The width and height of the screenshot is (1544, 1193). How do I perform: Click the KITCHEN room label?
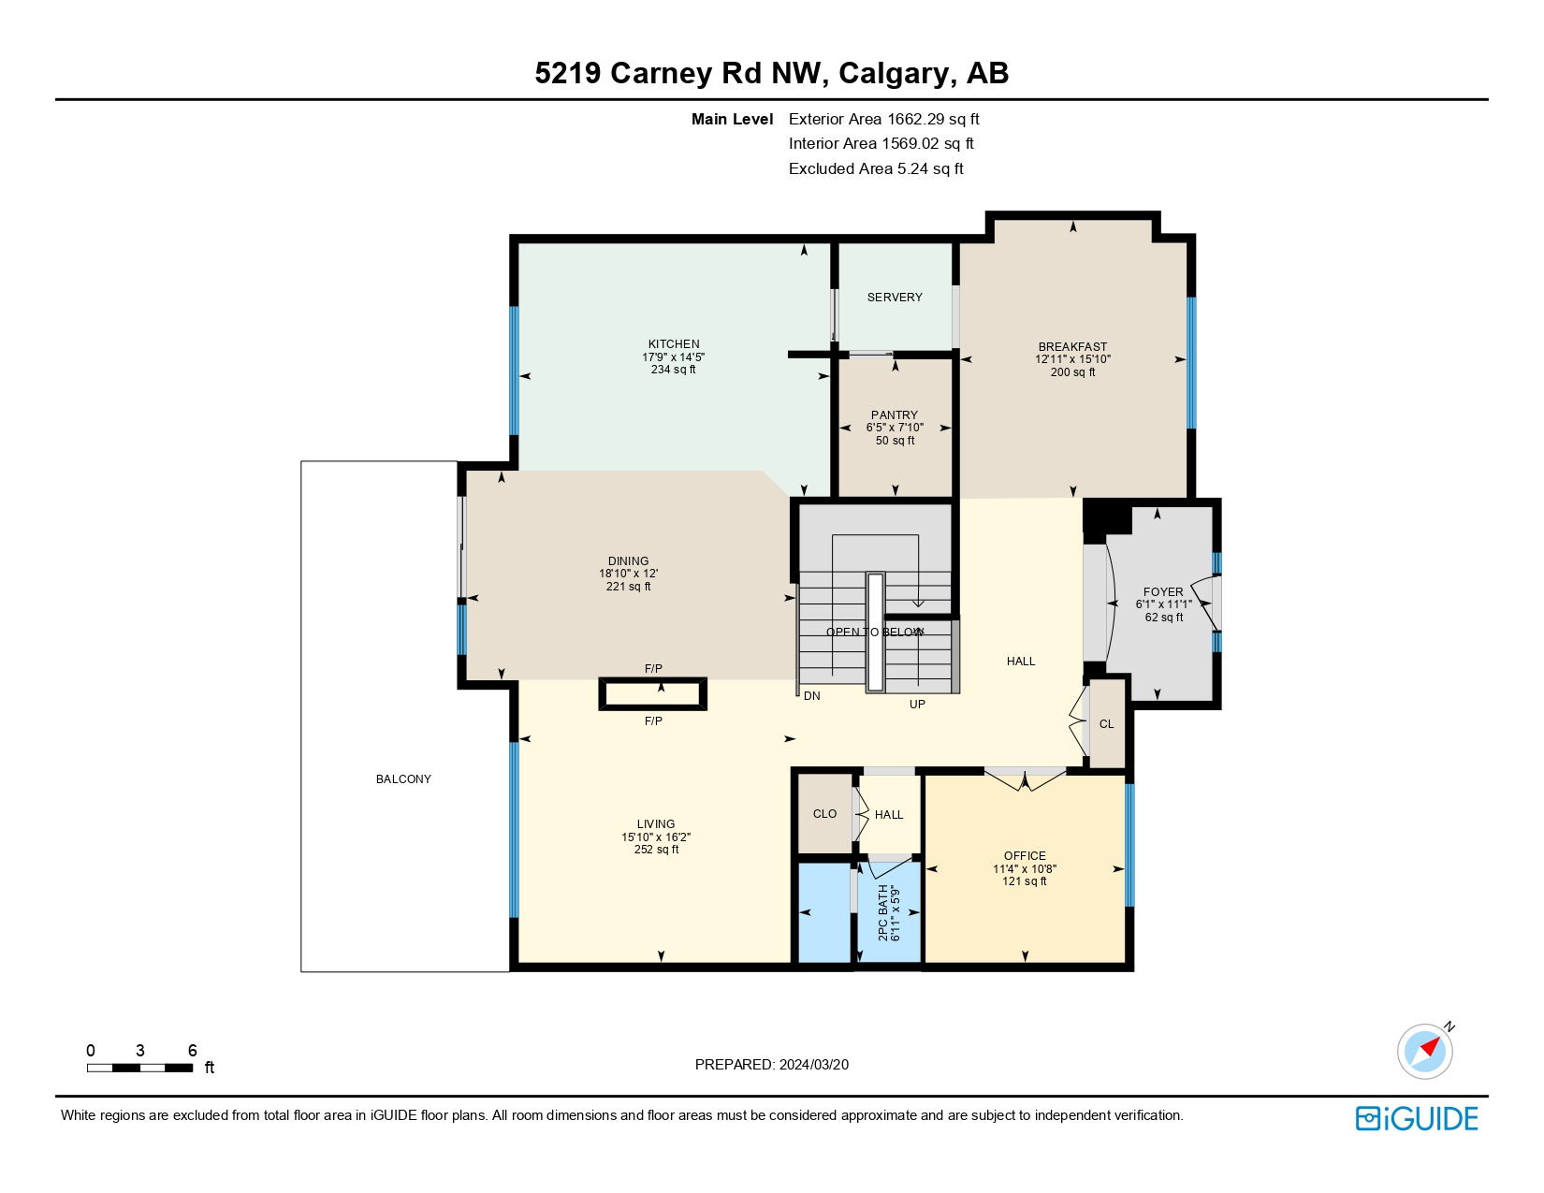tap(674, 343)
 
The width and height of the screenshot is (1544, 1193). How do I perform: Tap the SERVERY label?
tap(895, 297)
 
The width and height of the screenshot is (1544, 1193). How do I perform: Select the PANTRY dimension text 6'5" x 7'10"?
tap(895, 428)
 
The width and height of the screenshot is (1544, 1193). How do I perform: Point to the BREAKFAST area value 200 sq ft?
tap(1072, 372)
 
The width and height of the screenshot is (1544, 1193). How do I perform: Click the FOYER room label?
tap(1163, 591)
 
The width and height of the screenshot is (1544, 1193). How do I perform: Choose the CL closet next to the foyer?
tap(1107, 723)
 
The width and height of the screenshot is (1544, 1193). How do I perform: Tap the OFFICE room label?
tap(1025, 855)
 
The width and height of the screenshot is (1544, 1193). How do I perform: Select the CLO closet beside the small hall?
tap(824, 813)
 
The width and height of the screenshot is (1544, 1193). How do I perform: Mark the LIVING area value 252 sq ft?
tap(656, 850)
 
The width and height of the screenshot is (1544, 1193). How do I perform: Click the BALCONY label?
tap(403, 778)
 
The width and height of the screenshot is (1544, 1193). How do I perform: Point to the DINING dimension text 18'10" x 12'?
tap(628, 574)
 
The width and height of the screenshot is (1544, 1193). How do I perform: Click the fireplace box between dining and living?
tap(653, 694)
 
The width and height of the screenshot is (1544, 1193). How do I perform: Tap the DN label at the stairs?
tap(811, 696)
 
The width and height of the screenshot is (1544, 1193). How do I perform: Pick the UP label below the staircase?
tap(917, 704)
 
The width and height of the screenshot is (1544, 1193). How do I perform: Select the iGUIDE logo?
tap(1417, 1118)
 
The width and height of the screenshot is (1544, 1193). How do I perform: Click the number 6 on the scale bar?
tap(192, 1050)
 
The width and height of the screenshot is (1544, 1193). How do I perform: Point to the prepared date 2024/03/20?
tap(813, 1064)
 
